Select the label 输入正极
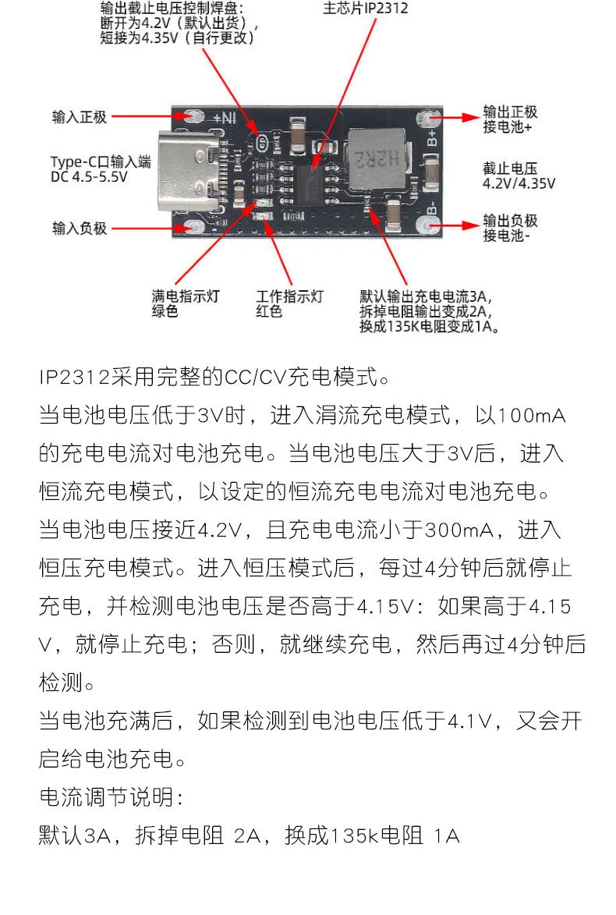click(79, 117)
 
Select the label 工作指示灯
click(290, 296)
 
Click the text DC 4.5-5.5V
click(88, 176)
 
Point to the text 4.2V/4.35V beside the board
click(519, 183)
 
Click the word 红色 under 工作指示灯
click(271, 311)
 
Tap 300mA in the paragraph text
click(462, 530)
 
